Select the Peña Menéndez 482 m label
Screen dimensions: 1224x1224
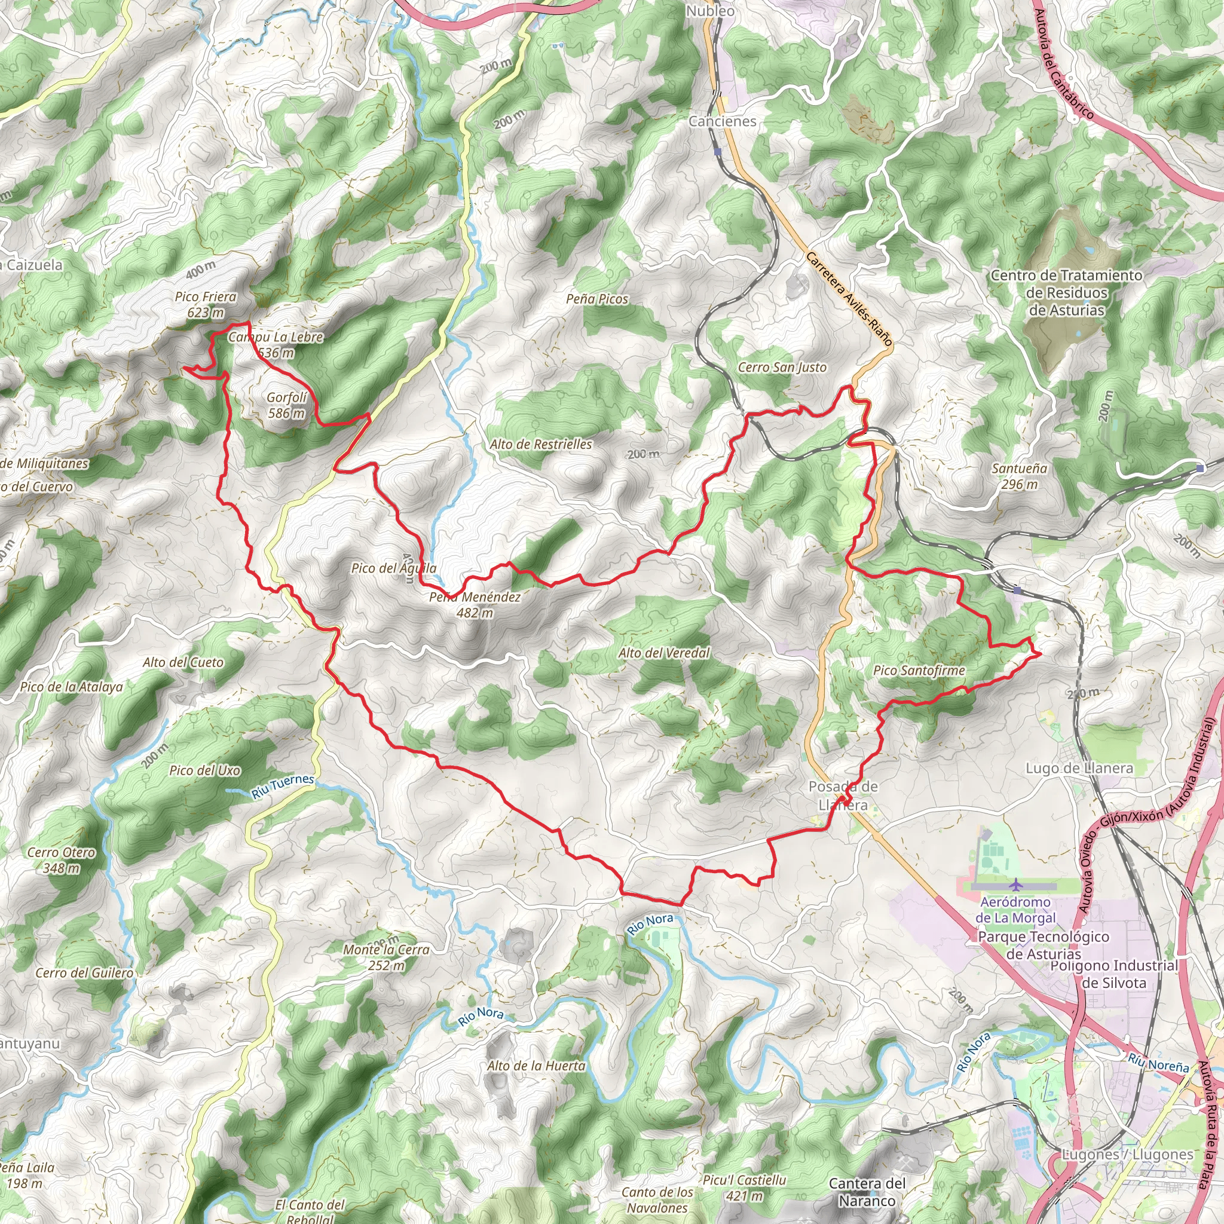click(475, 604)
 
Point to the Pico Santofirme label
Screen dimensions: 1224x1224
click(919, 671)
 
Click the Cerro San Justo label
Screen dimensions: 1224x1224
click(782, 368)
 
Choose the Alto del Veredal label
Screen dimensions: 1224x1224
click(663, 653)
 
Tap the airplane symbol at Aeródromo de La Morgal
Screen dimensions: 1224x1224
click(1016, 885)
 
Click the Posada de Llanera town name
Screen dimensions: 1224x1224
click(843, 795)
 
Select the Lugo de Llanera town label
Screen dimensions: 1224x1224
click(1079, 769)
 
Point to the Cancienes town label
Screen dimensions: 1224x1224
click(722, 121)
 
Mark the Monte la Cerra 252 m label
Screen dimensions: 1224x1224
click(386, 957)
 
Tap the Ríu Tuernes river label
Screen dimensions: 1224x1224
click(283, 785)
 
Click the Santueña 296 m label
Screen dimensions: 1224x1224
click(1019, 476)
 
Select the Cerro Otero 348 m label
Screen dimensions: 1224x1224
click(61, 859)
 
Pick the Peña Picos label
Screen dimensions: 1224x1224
click(597, 299)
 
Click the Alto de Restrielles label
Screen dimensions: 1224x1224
click(540, 445)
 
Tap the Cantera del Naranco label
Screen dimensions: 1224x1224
click(867, 1192)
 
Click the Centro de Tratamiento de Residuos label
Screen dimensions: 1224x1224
click(1066, 293)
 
